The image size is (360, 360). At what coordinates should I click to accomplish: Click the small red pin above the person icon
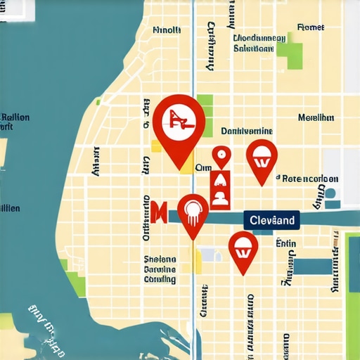pyautogui.click(x=221, y=155)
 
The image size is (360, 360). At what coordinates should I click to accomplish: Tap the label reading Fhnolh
pyautogui.click(x=167, y=30)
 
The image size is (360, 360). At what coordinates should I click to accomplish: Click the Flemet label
pyautogui.click(x=310, y=27)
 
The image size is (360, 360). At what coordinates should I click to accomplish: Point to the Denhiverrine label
pyautogui.click(x=246, y=131)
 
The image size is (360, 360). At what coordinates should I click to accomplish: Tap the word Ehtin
pyautogui.click(x=285, y=244)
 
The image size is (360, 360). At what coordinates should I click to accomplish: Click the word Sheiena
pyautogui.click(x=160, y=258)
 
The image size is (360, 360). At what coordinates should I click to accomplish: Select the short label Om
pyautogui.click(x=202, y=167)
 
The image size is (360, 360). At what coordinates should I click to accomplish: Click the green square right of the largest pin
pyautogui.click(x=205, y=105)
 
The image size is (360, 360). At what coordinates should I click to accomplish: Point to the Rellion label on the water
pyautogui.click(x=15, y=117)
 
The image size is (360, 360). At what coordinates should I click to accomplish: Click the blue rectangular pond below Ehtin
pyautogui.click(x=312, y=266)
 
